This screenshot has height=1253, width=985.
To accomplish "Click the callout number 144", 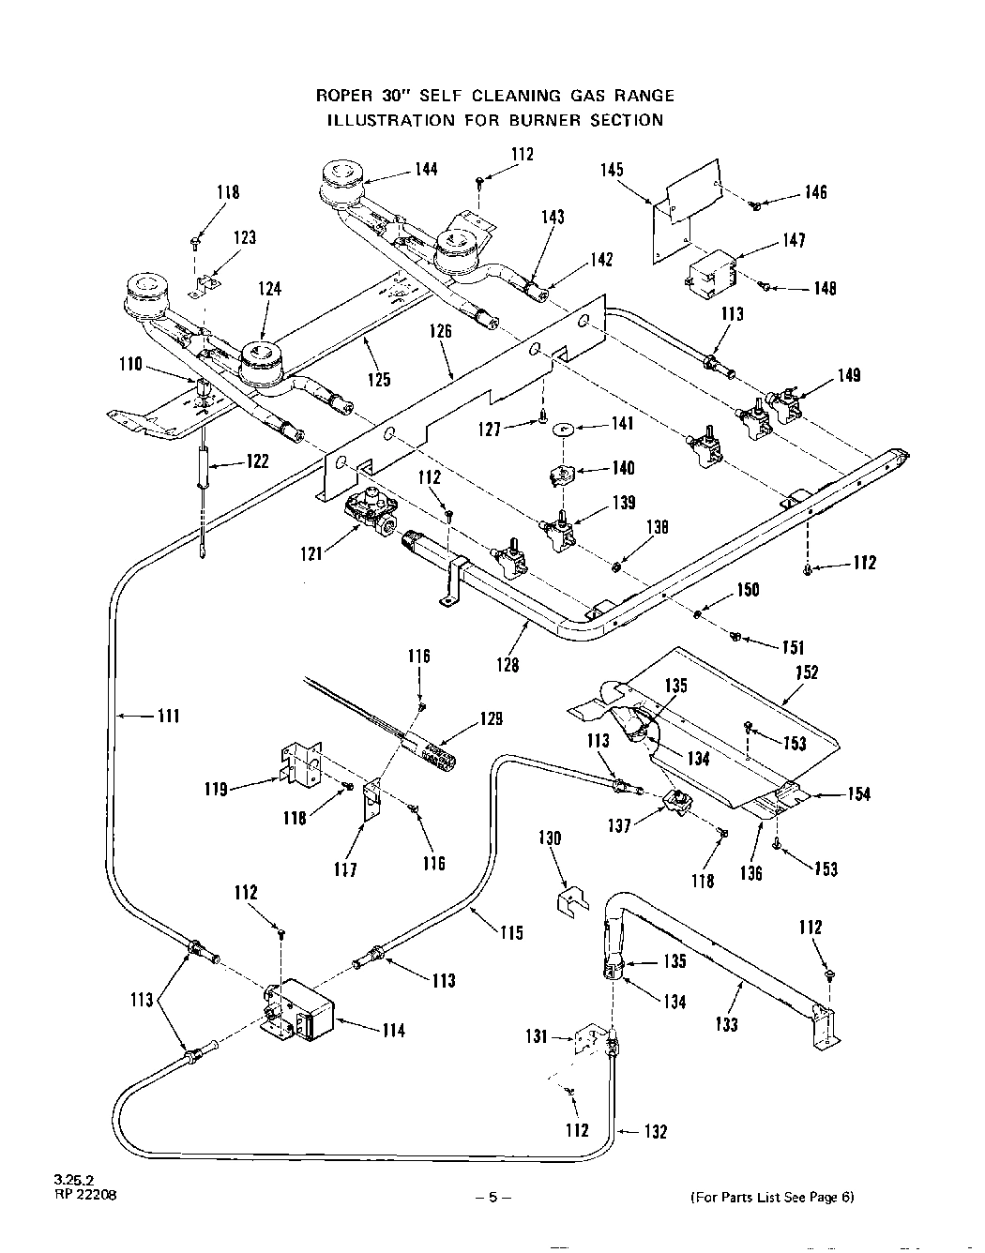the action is tap(426, 170).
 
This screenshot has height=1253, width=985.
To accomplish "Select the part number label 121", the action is tap(311, 554).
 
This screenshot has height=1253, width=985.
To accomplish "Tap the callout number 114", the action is tap(394, 1030).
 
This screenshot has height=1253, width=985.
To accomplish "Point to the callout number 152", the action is tap(806, 672).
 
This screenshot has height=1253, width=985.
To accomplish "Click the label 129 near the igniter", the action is tap(491, 718).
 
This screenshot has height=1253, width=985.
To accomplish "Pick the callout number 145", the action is tap(612, 170).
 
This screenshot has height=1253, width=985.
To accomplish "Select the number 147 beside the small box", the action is tap(795, 240).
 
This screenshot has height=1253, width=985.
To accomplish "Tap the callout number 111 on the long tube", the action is tap(169, 717).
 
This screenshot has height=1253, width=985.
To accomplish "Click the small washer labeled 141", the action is tap(562, 429).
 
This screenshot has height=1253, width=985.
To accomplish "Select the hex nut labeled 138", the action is tap(616, 567).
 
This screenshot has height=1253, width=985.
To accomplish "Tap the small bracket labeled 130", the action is tap(572, 900).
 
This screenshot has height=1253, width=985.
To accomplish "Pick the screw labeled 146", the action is tap(754, 204).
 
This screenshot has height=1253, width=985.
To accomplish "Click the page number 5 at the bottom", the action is tap(492, 1197).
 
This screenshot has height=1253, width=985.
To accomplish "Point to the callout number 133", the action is tap(727, 1024).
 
